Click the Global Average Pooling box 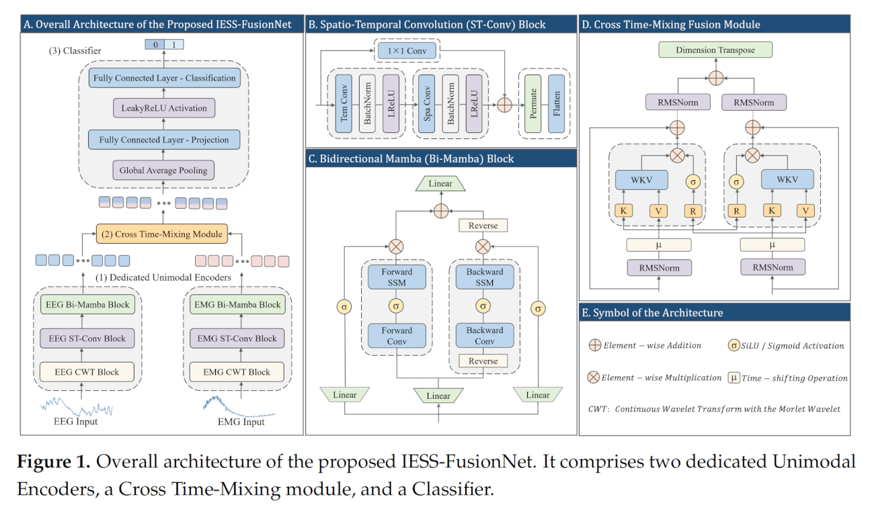click(164, 171)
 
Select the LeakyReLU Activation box click(164, 108)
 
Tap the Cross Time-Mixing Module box click(162, 234)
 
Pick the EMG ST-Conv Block click(237, 338)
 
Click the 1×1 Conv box click(407, 50)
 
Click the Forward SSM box click(397, 277)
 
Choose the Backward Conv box click(484, 335)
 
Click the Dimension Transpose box click(715, 50)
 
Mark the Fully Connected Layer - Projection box click(164, 140)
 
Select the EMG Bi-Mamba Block click(237, 304)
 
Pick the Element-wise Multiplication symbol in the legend click(594, 377)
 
